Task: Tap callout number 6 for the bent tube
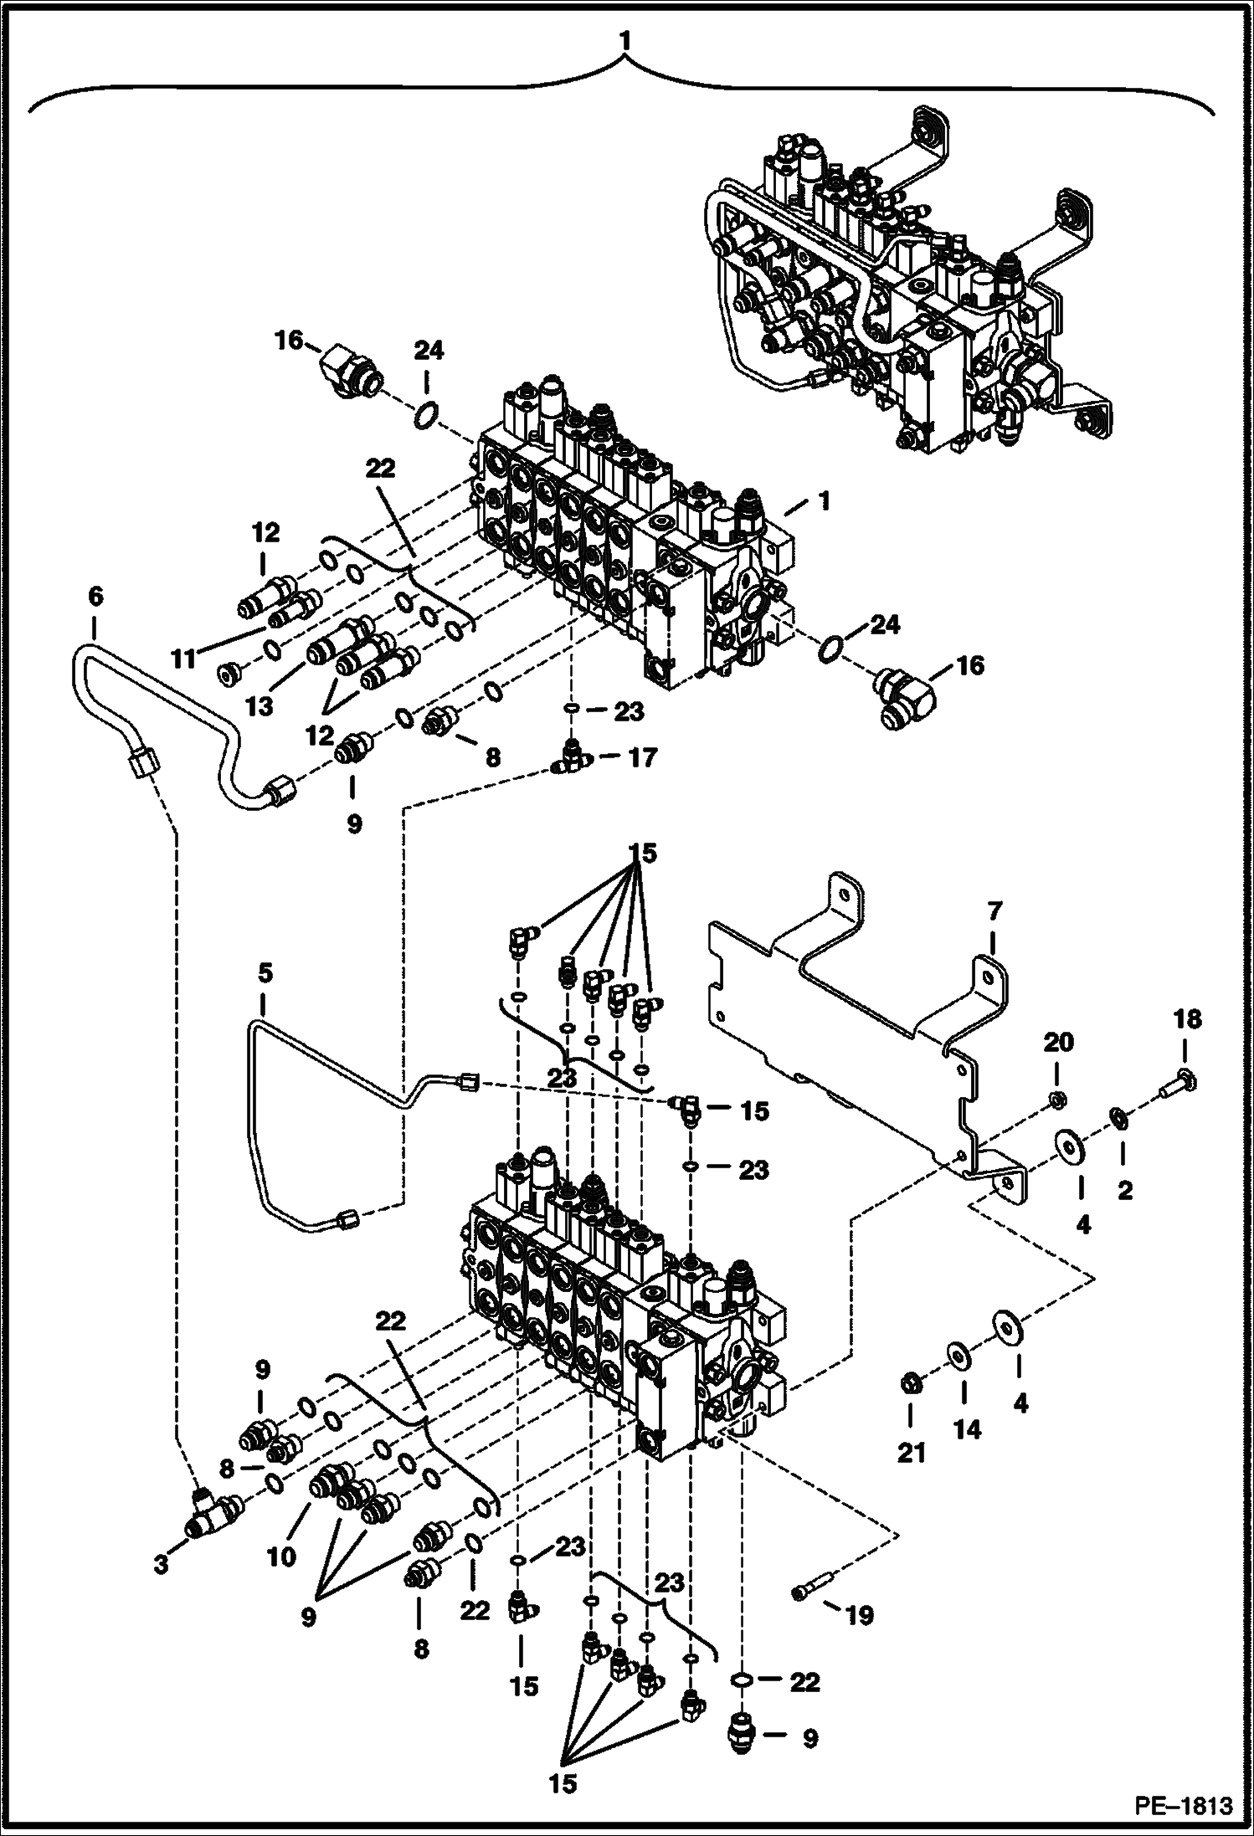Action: tap(95, 597)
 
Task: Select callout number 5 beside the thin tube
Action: tap(265, 973)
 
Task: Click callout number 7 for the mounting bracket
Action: tap(994, 911)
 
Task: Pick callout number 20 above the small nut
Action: tap(1056, 1043)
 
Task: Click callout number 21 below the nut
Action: tap(912, 1453)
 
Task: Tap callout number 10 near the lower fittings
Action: tap(282, 1556)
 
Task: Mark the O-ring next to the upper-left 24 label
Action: tap(427, 413)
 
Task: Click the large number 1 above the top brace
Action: tap(624, 40)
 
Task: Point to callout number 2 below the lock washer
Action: tap(1124, 1190)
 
